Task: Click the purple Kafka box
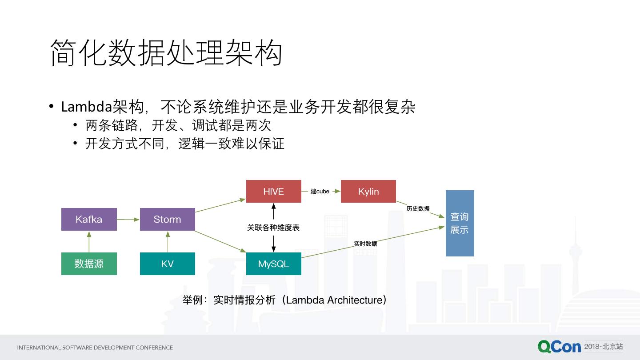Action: (89, 219)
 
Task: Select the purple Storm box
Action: (167, 219)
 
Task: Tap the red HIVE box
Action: (273, 191)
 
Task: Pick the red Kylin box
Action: (368, 191)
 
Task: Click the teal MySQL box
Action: (273, 264)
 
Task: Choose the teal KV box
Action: (167, 264)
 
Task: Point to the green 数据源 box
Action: (89, 264)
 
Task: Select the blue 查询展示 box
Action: (460, 223)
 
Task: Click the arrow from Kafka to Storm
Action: (128, 219)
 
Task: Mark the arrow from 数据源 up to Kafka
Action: (89, 241)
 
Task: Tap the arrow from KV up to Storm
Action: (168, 241)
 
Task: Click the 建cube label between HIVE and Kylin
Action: (320, 191)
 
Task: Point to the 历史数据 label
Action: (418, 208)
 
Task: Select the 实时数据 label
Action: (365, 244)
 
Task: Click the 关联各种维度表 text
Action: (273, 228)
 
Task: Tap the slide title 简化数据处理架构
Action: (166, 52)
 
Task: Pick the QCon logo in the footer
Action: (559, 347)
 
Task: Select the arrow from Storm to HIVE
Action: (220, 205)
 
